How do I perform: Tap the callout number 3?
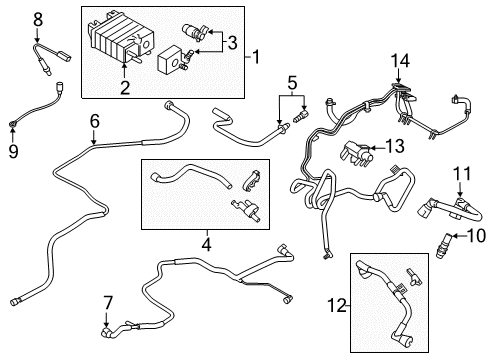click(x=234, y=42)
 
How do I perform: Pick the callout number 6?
click(x=94, y=122)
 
